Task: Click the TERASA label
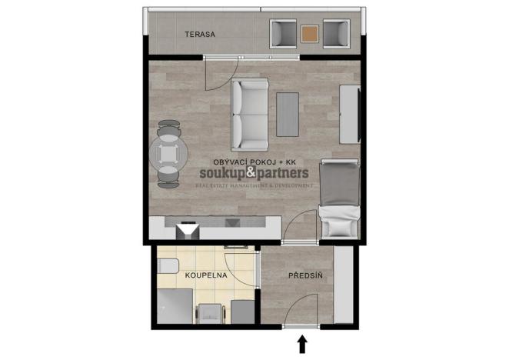click(198, 35)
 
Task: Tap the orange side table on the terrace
click(310, 34)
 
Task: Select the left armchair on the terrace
click(284, 34)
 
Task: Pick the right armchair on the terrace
click(336, 34)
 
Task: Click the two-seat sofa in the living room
click(249, 115)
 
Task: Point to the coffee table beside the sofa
click(288, 114)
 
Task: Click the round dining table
click(168, 155)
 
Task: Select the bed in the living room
click(339, 198)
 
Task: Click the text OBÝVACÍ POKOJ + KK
click(253, 162)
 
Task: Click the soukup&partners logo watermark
click(254, 175)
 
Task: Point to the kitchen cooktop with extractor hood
click(187, 229)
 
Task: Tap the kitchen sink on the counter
click(232, 223)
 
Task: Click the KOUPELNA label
click(204, 275)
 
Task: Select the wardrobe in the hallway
click(344, 285)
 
